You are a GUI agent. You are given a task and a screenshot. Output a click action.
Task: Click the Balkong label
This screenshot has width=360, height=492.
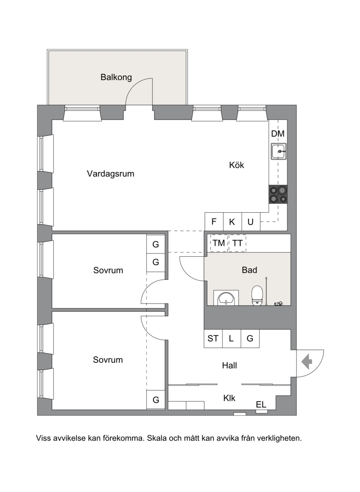116,77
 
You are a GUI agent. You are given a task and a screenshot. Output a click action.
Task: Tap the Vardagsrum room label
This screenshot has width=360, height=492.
111,174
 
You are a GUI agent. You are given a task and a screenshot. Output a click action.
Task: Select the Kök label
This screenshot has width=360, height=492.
237,165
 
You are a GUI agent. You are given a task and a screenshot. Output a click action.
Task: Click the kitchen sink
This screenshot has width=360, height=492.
279,152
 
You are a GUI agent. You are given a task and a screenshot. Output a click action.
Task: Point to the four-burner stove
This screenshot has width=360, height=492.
278,194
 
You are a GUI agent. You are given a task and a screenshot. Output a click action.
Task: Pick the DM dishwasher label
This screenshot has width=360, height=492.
278,134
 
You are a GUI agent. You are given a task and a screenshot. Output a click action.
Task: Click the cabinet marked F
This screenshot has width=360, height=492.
214,222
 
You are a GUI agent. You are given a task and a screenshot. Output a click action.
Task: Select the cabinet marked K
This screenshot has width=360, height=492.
232,222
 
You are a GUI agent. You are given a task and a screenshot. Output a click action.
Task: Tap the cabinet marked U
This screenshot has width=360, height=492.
251,222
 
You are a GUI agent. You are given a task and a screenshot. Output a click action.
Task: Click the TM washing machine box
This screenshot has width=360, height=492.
219,243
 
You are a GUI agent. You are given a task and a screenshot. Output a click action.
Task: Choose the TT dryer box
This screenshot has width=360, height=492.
237,243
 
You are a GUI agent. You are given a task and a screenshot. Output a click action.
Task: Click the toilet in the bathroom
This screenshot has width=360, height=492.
257,295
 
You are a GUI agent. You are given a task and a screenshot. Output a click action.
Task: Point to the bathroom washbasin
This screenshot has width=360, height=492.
226,298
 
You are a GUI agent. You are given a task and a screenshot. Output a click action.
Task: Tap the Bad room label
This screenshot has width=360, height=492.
249,270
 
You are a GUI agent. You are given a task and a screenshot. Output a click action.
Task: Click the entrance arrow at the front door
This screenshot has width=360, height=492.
307,362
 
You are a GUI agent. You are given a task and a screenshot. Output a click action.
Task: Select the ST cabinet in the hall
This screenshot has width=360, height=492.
213,339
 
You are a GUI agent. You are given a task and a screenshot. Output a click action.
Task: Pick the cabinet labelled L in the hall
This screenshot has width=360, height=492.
232,339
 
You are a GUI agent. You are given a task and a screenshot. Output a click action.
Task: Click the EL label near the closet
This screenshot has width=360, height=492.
261,405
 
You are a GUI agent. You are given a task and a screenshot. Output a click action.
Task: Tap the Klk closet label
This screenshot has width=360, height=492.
229,398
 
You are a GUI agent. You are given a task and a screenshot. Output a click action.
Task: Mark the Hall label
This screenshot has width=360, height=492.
229,365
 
